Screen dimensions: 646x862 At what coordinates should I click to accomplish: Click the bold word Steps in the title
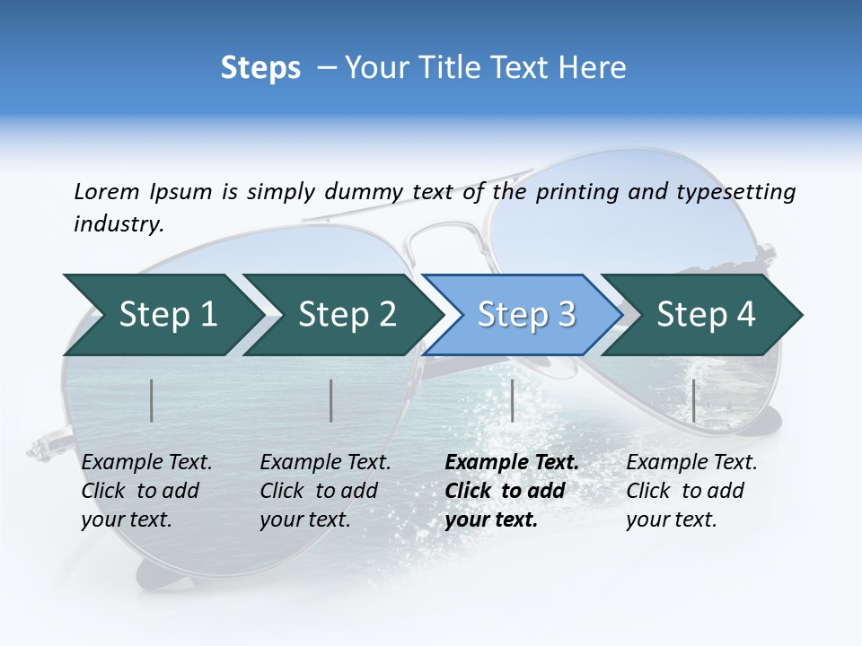pyautogui.click(x=260, y=68)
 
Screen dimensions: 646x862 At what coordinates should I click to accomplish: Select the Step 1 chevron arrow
pyautogui.click(x=162, y=314)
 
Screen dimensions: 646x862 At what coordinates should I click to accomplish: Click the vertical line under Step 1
pyautogui.click(x=152, y=400)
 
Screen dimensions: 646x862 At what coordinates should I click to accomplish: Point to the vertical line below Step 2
pyautogui.click(x=331, y=400)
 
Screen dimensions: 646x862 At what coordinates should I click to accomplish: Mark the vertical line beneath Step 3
pyautogui.click(x=513, y=400)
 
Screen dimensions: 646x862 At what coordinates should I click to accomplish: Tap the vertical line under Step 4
pyautogui.click(x=694, y=400)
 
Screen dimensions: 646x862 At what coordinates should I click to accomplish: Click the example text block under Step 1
pyautogui.click(x=146, y=491)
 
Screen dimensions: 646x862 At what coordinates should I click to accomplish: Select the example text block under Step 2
pyautogui.click(x=325, y=491)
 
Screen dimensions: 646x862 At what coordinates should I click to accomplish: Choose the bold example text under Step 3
pyautogui.click(x=512, y=491)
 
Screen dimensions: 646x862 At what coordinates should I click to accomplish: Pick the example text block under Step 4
pyautogui.click(x=691, y=491)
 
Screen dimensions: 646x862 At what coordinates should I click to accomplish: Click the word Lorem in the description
pyautogui.click(x=106, y=192)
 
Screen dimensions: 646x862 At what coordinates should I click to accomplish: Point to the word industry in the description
pyautogui.click(x=119, y=224)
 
